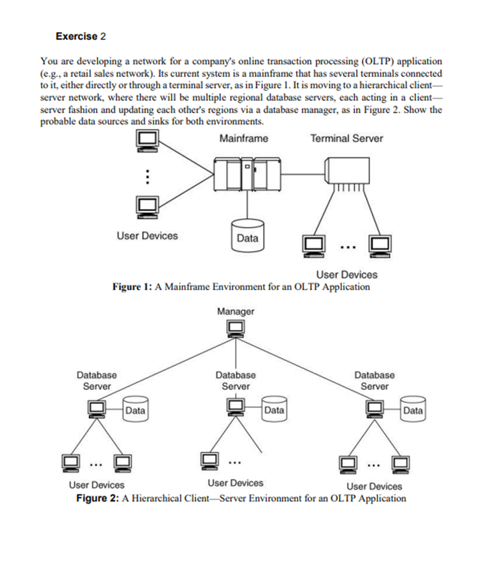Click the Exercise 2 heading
81,36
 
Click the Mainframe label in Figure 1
243,139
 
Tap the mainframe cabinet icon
247,173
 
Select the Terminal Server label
346,139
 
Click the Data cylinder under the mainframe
247,235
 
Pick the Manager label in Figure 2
235,311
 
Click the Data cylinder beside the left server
135,409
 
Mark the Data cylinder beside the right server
413,409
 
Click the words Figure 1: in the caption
131,287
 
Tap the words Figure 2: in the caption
97,498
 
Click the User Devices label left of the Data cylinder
147,236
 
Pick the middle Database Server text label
235,380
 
